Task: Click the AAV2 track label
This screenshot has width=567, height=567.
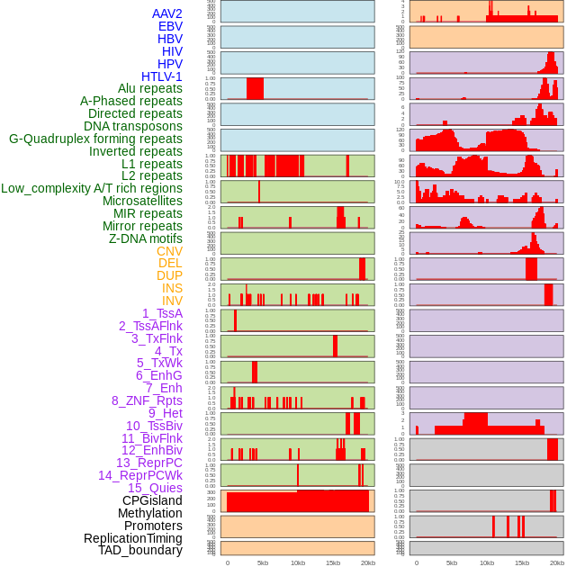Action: (167, 13)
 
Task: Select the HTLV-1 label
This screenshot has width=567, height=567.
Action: (162, 76)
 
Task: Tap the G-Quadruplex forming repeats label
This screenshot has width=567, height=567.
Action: (95, 139)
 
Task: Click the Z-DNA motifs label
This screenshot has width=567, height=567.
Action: (146, 238)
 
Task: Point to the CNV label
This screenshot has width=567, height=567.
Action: (169, 251)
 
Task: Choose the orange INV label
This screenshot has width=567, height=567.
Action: (172, 301)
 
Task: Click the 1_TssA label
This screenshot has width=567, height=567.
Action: (162, 313)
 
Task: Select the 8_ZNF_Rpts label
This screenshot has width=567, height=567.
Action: (147, 400)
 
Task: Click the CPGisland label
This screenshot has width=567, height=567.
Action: (152, 500)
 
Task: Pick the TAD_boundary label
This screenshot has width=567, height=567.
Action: (140, 550)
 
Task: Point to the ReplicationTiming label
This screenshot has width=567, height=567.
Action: (133, 538)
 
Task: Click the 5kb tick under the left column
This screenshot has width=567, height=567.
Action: (263, 562)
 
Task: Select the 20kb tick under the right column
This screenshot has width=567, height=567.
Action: (557, 562)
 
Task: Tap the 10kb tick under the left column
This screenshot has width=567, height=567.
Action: (298, 562)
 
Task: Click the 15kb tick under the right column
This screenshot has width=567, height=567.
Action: (522, 562)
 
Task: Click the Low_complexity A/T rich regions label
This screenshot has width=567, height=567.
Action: (92, 188)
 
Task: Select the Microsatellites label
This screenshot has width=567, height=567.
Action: (142, 201)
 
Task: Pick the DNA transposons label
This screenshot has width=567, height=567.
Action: (133, 126)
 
